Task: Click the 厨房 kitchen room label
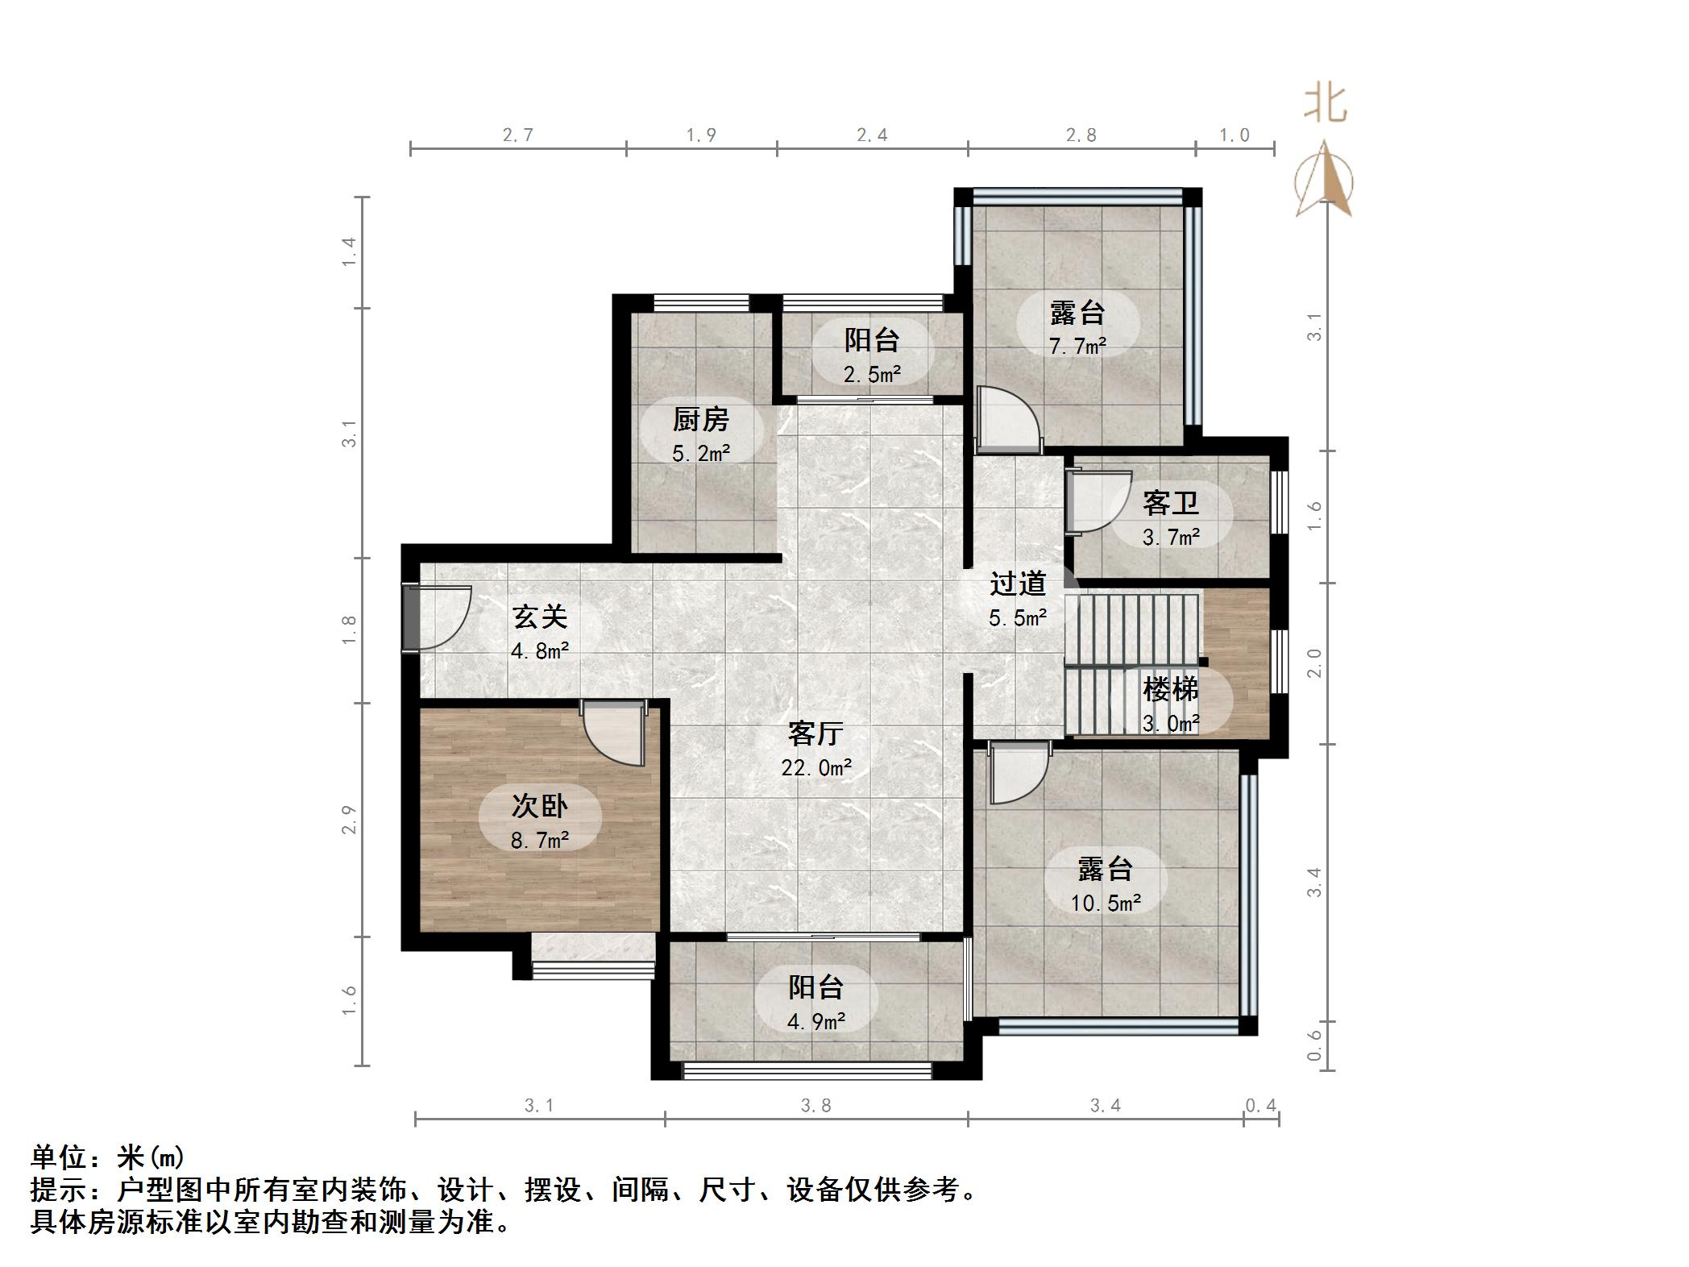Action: [700, 420]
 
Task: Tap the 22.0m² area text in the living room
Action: [815, 768]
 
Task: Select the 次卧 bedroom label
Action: [539, 806]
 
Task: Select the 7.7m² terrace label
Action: [1077, 347]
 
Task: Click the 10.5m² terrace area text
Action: [1105, 903]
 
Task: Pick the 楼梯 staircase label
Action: [1170, 689]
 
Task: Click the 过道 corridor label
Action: [1018, 584]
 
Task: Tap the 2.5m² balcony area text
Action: [872, 374]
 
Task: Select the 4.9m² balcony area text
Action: [815, 1022]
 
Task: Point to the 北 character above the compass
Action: [1326, 104]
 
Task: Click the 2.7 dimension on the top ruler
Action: [517, 135]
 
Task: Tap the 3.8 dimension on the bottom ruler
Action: [815, 1106]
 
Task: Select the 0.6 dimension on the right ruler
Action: [1314, 1045]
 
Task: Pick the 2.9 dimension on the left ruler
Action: [348, 820]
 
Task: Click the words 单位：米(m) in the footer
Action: [108, 1157]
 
